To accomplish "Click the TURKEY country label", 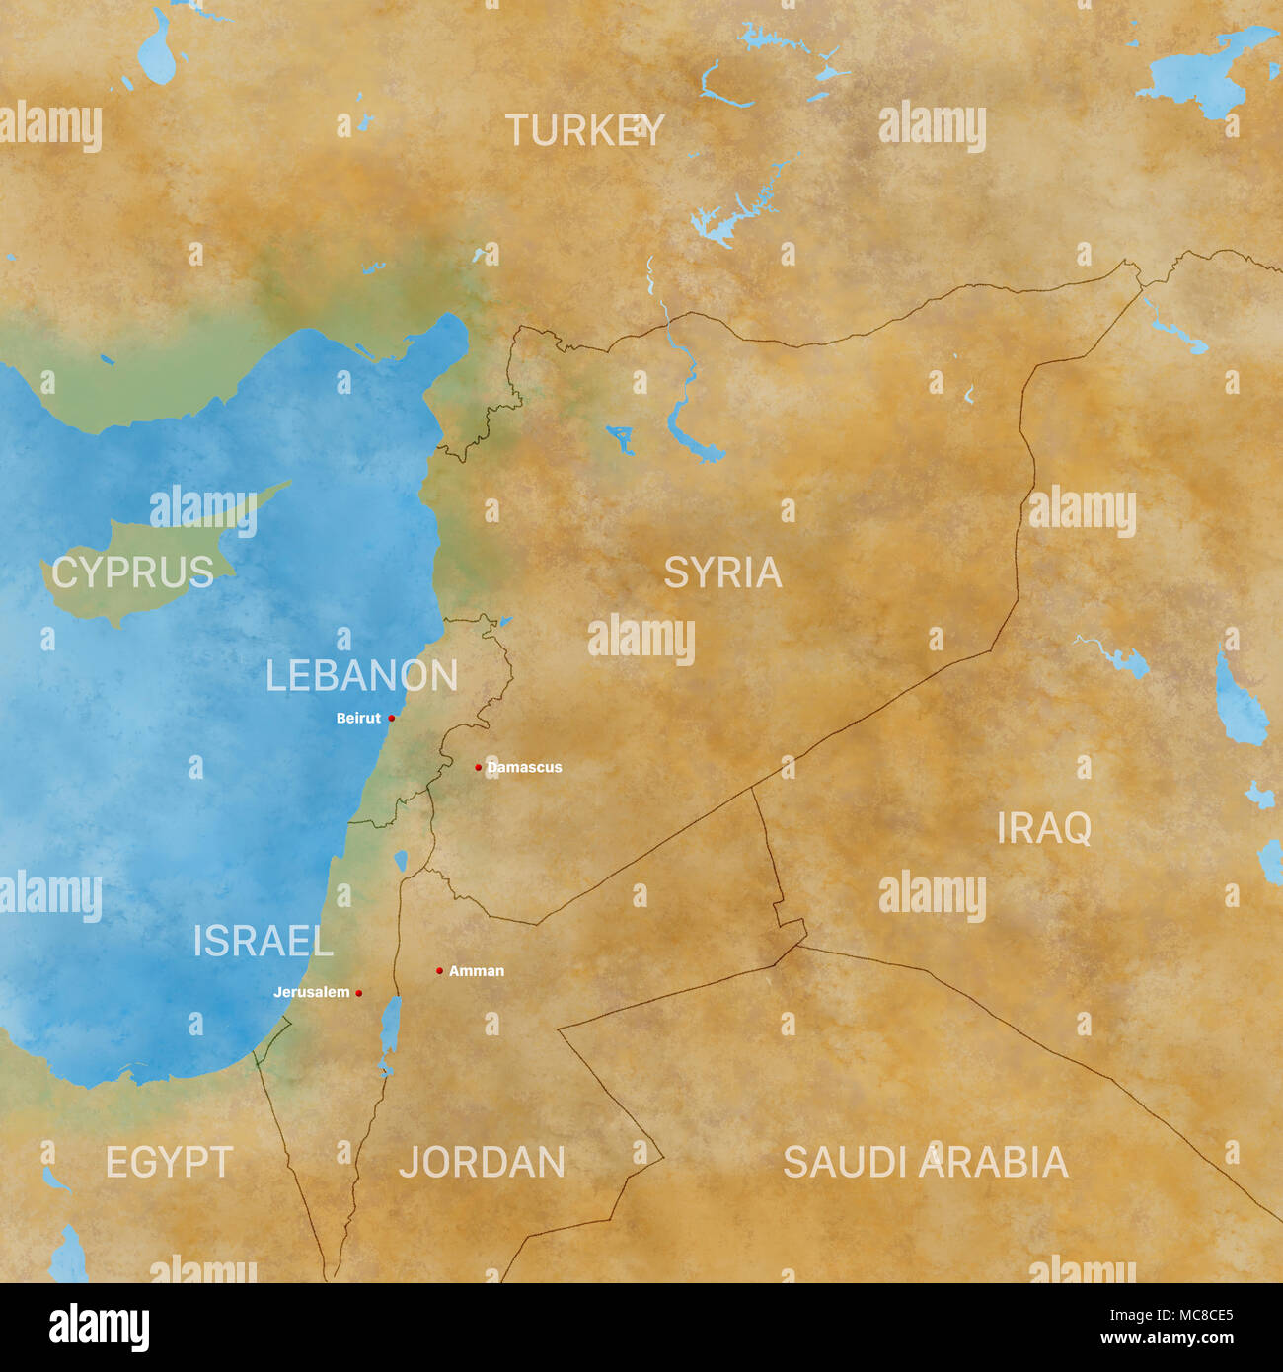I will tap(584, 131).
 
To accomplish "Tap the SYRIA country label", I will tap(722, 572).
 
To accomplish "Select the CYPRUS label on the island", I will tap(132, 572).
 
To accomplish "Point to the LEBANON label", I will tap(361, 676).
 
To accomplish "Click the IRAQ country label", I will tap(1043, 829).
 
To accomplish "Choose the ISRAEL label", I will tap(263, 942).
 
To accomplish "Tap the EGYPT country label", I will tap(169, 1163).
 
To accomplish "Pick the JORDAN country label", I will tap(482, 1163).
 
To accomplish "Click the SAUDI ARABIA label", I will tap(925, 1163).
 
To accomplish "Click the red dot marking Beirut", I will tap(392, 718).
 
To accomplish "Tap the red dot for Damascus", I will tap(479, 767).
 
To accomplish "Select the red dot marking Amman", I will tap(439, 971).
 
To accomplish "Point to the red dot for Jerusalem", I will tap(358, 993).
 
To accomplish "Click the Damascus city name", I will tap(524, 767).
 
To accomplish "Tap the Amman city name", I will tap(477, 971).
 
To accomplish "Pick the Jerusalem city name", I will tap(311, 992).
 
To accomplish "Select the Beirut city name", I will tap(358, 718).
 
